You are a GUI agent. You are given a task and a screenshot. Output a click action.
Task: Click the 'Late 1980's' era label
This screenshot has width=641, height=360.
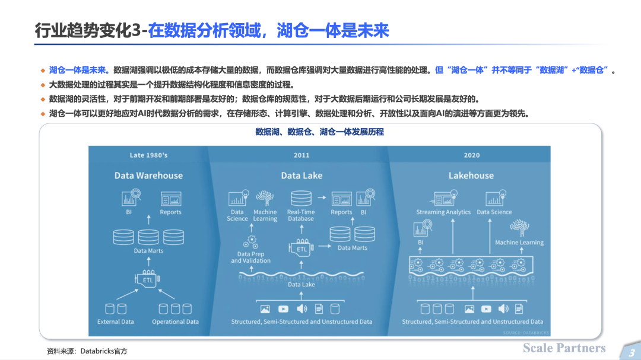148,155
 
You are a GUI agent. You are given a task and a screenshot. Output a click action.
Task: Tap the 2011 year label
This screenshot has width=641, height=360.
302,155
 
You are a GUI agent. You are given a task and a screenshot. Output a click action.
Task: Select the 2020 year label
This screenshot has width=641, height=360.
472,155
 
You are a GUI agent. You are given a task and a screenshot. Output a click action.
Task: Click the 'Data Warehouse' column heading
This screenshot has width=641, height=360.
148,176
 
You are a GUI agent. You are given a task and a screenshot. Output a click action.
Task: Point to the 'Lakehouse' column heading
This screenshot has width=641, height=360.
471,176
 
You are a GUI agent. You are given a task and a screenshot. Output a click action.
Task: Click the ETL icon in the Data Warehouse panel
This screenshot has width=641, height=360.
147,279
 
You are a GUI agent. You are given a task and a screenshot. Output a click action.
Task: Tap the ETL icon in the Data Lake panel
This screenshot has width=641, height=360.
302,248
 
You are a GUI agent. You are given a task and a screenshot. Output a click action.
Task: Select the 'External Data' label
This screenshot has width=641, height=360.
115,321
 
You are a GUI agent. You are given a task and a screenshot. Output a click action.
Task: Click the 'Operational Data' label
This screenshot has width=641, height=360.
175,321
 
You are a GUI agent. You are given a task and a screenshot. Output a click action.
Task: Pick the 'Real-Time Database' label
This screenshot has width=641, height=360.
301,215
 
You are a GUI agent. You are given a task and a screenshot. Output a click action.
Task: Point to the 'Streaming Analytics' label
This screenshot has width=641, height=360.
443,212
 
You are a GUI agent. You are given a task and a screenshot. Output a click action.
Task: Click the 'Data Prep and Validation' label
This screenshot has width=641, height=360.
250,257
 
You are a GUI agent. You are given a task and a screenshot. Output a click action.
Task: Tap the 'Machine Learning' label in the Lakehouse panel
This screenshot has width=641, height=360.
519,243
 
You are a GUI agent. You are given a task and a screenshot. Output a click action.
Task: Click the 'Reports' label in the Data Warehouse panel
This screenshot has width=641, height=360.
170,212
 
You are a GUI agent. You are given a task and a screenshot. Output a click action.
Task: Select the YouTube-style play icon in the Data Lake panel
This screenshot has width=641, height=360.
283,309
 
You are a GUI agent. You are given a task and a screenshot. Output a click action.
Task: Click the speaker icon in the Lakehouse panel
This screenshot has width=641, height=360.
503,309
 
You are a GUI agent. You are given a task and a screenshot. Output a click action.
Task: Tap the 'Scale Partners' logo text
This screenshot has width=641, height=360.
564,348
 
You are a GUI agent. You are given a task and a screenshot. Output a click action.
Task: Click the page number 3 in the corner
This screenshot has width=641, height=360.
632,353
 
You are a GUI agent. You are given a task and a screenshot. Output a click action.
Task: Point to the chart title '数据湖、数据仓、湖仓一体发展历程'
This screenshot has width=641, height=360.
320,132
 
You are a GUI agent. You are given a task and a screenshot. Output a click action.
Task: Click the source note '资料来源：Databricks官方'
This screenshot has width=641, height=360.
87,351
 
